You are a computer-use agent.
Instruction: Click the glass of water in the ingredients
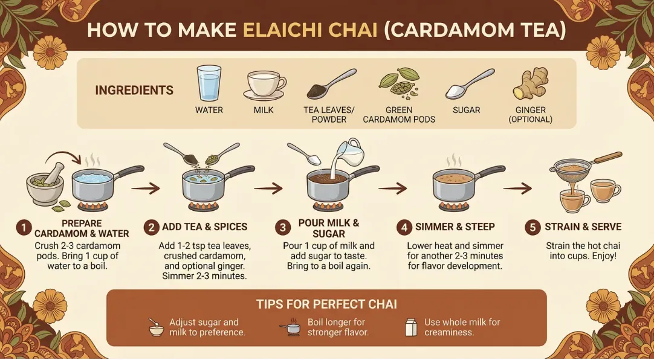tap(209, 83)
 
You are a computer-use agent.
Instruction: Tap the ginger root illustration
tap(530, 83)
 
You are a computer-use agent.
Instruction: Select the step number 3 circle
tap(283, 228)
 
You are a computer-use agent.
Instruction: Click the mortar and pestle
tap(45, 184)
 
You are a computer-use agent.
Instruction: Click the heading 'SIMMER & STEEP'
tap(455, 227)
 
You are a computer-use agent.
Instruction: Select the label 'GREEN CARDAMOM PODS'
tap(399, 115)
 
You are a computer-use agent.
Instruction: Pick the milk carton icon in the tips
tap(411, 327)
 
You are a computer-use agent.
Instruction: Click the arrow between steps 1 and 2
tap(146, 188)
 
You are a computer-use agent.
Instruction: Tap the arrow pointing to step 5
tap(517, 188)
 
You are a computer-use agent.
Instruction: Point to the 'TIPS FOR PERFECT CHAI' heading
tap(326, 304)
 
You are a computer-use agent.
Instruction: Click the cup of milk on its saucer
tap(264, 85)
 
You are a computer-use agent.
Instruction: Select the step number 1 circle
tap(24, 228)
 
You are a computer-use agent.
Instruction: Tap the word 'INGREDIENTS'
tap(134, 90)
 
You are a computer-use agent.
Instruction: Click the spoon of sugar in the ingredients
tap(470, 84)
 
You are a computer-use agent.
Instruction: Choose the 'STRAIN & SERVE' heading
tap(583, 227)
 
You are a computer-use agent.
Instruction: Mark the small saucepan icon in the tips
tap(290, 329)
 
